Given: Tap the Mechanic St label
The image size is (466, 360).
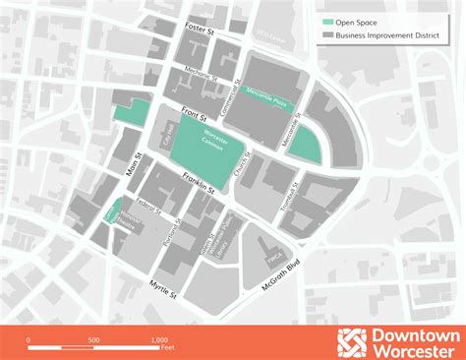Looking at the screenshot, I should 212,75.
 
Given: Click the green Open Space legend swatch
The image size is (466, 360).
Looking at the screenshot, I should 327,22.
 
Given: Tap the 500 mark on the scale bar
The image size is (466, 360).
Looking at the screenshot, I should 93,339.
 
